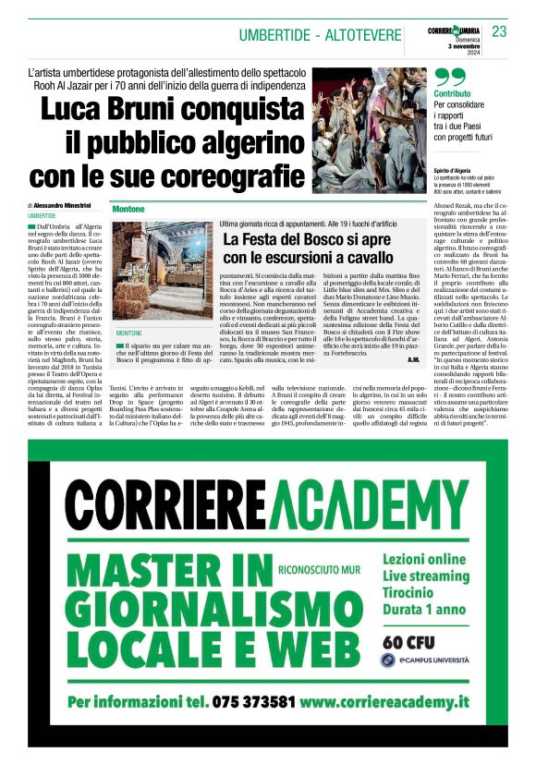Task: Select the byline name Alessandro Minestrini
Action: tap(66, 204)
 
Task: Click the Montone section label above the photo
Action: tap(129, 210)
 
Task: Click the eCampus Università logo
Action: tap(425, 660)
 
